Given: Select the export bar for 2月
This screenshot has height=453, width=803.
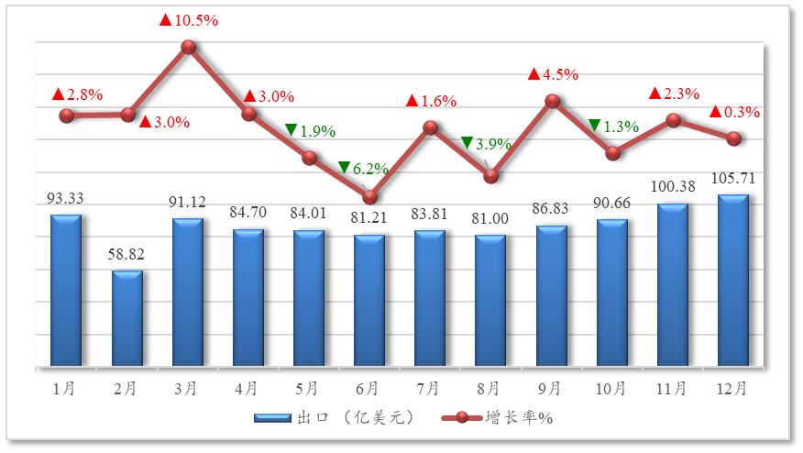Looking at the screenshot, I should (127, 318).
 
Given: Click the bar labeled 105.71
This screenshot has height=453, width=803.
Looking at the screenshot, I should (732, 281).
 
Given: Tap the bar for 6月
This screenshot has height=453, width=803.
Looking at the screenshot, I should (369, 301).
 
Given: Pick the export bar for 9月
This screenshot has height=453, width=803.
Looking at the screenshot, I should (552, 296).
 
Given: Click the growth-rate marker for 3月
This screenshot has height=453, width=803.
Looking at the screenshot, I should (189, 47).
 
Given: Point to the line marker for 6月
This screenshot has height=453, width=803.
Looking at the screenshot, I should (370, 197).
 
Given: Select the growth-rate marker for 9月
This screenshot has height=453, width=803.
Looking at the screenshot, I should (552, 101).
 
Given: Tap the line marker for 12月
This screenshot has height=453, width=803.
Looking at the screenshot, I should (733, 138).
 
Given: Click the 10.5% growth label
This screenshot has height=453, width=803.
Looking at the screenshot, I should (189, 20).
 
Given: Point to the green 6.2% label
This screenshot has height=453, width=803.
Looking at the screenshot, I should (364, 169).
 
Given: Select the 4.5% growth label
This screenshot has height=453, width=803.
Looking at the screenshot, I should (553, 74).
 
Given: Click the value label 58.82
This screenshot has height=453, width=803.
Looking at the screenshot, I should (127, 254).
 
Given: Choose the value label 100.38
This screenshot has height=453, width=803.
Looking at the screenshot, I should (674, 187).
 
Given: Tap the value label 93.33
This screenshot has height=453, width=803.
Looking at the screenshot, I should (65, 198).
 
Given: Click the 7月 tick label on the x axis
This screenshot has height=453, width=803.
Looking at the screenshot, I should (429, 389).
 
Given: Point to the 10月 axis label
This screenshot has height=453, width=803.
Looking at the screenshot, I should (610, 389).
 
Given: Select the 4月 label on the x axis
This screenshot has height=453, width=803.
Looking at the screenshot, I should (247, 389).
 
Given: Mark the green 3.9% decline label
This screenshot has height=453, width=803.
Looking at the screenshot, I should (486, 143).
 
